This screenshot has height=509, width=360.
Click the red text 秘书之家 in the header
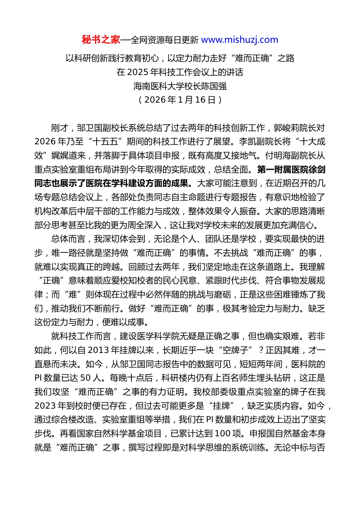point(101,40)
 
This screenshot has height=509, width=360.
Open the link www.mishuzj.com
point(239,40)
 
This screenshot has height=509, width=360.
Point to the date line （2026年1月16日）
point(180,100)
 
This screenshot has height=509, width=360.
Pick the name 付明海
point(278,156)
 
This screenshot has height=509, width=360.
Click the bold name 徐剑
point(317,170)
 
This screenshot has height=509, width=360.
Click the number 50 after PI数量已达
point(86,378)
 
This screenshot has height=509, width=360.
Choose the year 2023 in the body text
point(45,406)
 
